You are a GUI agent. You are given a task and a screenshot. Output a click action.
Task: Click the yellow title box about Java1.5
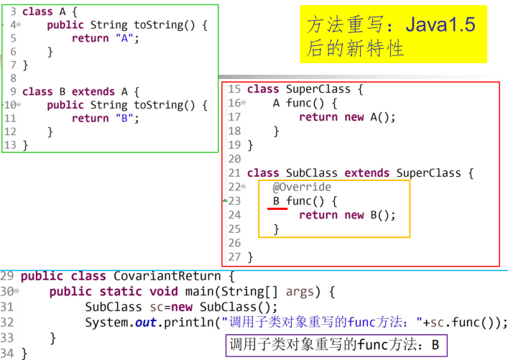click(x=392, y=35)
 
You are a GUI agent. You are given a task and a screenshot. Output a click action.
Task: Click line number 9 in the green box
click(x=13, y=91)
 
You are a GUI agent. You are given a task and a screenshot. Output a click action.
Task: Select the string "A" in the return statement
click(x=124, y=39)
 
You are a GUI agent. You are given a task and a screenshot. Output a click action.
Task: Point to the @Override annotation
click(x=302, y=187)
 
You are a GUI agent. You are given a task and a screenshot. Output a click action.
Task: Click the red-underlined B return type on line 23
click(x=277, y=201)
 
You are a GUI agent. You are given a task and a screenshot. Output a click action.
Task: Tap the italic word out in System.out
click(x=145, y=322)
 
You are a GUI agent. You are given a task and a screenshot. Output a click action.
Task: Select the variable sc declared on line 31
click(x=157, y=306)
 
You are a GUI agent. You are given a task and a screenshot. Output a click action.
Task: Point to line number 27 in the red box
click(x=234, y=257)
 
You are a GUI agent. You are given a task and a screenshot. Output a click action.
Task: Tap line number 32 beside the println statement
click(x=7, y=322)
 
